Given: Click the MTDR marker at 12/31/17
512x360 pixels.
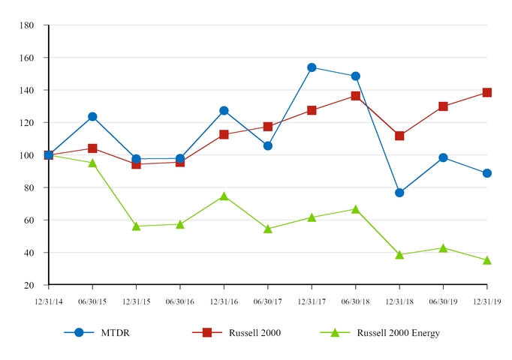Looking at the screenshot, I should point(312,67).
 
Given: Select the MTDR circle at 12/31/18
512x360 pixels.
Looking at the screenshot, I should point(399,193).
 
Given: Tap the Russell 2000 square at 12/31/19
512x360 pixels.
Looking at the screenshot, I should point(486,92).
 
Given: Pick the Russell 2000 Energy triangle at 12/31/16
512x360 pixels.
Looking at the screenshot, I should point(224,196).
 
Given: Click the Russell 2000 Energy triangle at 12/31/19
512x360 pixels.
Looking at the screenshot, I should point(486,260).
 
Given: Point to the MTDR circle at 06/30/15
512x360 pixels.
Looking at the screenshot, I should point(92,116).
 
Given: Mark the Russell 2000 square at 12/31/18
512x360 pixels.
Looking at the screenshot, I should point(399,136).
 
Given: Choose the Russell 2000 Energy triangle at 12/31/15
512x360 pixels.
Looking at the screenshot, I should point(136,226).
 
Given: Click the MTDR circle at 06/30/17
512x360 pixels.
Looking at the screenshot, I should point(268,145).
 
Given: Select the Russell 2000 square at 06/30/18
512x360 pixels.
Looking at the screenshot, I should point(355,96).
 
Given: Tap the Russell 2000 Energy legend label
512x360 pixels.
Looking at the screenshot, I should point(398,333).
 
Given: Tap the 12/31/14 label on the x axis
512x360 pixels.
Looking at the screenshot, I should point(48,301).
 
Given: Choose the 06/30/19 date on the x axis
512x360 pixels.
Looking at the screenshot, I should point(443,301).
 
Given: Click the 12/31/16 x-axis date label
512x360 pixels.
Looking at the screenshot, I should point(224,301).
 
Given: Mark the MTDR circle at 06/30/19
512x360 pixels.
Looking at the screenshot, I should point(443,157).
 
